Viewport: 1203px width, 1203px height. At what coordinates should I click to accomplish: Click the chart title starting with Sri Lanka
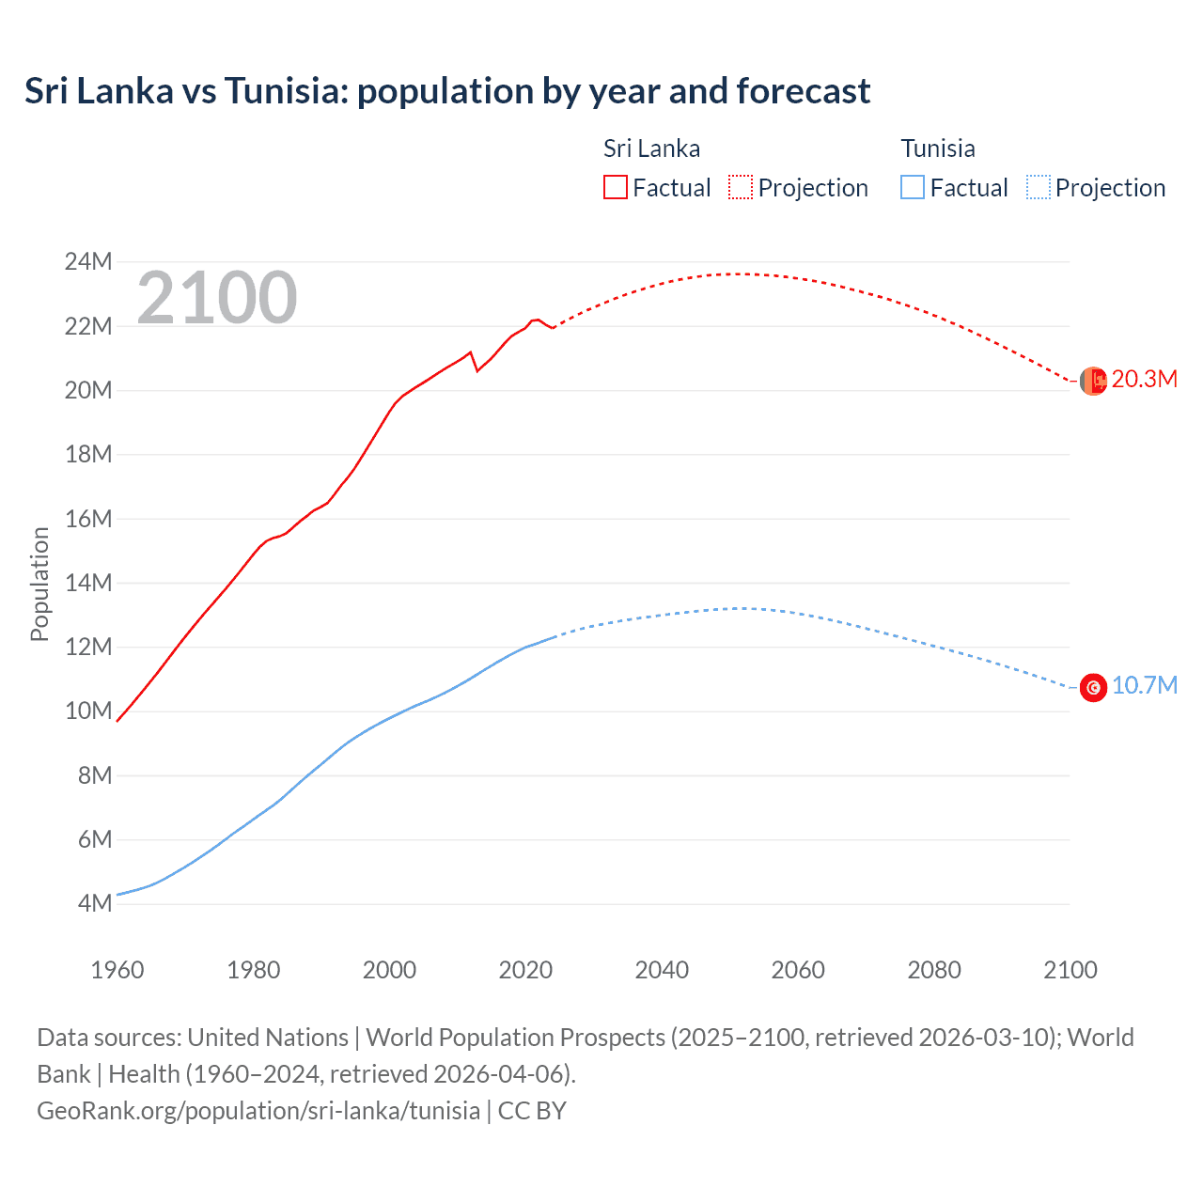pyautogui.click(x=447, y=91)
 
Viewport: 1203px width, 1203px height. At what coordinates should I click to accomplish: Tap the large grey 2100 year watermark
pyautogui.click(x=217, y=298)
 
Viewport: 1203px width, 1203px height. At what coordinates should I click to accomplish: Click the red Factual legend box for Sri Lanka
pyautogui.click(x=615, y=187)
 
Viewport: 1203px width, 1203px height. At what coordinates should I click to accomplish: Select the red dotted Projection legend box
pyautogui.click(x=741, y=187)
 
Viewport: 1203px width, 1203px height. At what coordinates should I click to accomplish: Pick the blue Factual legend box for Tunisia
pyautogui.click(x=913, y=187)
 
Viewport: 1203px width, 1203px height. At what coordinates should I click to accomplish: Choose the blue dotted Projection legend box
pyautogui.click(x=1038, y=187)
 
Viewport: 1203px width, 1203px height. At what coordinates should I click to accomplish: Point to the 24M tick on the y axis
pyautogui.click(x=88, y=261)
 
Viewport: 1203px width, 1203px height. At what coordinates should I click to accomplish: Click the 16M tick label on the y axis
pyautogui.click(x=88, y=519)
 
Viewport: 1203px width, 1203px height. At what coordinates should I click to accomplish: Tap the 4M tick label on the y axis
pyautogui.click(x=95, y=903)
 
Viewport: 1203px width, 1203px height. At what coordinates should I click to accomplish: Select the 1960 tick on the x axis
pyautogui.click(x=117, y=970)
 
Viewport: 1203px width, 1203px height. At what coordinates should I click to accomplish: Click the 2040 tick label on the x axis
pyautogui.click(x=662, y=970)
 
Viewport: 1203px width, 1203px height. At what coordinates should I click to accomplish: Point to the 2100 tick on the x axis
pyautogui.click(x=1070, y=970)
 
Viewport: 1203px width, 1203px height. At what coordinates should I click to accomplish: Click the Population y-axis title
pyautogui.click(x=39, y=584)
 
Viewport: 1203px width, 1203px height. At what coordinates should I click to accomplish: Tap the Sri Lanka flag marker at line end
pyautogui.click(x=1093, y=381)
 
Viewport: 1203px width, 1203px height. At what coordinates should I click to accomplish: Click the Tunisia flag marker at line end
pyautogui.click(x=1093, y=688)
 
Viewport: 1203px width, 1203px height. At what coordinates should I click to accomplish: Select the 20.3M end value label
pyautogui.click(x=1144, y=380)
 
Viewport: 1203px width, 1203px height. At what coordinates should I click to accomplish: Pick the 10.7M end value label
pyautogui.click(x=1144, y=686)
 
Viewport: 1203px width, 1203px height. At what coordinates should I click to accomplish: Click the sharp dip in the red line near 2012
pyautogui.click(x=477, y=370)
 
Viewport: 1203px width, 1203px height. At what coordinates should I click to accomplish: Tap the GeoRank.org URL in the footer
pyautogui.click(x=258, y=1111)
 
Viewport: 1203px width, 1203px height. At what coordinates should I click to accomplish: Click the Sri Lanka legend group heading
pyautogui.click(x=651, y=148)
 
